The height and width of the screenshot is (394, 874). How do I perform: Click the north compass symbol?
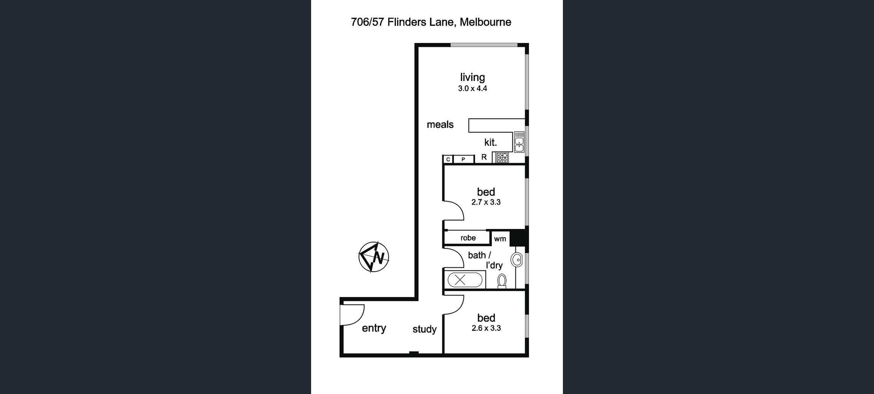pos(373,257)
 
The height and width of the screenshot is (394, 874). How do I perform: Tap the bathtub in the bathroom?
pos(465,280)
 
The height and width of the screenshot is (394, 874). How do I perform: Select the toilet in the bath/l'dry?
pos(502,281)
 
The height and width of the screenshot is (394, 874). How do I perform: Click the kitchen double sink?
pos(519,142)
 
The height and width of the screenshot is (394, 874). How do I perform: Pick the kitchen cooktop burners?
pos(502,157)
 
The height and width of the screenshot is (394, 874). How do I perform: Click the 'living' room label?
pos(472,77)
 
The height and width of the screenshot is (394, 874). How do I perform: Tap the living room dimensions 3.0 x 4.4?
pos(472,89)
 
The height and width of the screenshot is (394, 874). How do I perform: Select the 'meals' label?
pos(440,124)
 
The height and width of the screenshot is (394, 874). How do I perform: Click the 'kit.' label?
pos(490,142)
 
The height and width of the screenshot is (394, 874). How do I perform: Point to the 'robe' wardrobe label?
pos(468,238)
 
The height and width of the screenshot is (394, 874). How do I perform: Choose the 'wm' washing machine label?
pos(500,239)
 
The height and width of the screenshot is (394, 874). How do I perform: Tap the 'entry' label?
pos(374,328)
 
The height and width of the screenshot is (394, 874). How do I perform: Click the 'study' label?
pos(424,329)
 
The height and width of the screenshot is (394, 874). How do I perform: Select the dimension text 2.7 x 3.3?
pos(486,202)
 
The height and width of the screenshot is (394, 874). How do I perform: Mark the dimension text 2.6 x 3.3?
pos(486,328)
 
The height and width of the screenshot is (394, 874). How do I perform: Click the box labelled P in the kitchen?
pos(463,159)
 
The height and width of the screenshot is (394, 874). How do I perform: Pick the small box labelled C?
pos(448,159)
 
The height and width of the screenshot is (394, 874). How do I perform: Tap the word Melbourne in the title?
pos(485,22)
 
